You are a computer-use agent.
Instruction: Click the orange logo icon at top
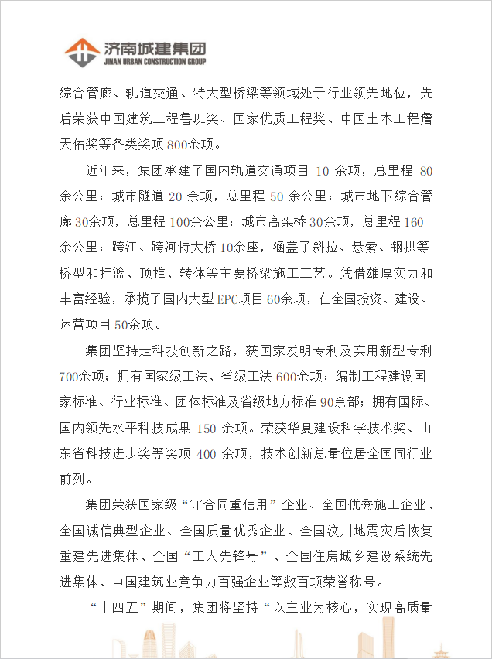pos(80,51)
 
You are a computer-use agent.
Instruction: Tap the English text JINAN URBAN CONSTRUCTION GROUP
pos(154,62)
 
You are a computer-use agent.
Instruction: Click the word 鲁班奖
pos(203,119)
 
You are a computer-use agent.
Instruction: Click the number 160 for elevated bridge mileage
pos(414,223)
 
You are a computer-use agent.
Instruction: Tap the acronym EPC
pos(228,299)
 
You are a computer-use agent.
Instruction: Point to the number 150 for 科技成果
pos(206,428)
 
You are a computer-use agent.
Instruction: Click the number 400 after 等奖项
pos(207,453)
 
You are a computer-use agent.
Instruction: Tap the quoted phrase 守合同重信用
pos(241,505)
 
